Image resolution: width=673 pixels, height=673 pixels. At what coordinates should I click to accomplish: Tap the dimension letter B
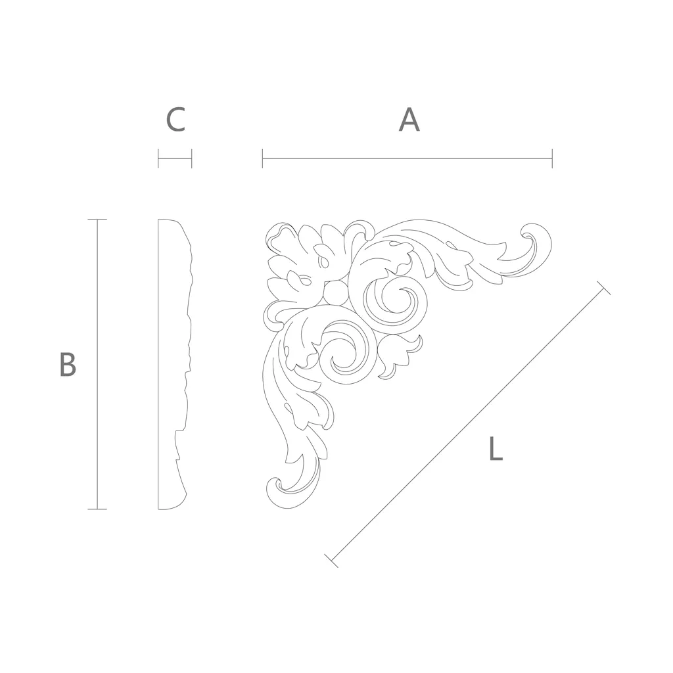68,364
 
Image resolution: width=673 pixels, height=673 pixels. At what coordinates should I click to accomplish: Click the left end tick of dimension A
263,158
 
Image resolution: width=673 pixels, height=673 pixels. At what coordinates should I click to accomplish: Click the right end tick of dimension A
552,158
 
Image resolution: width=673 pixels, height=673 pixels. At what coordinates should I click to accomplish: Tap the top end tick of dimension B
97,220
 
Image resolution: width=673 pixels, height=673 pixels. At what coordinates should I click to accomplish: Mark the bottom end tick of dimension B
97,509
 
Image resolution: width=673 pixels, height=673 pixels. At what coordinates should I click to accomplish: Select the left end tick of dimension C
158,158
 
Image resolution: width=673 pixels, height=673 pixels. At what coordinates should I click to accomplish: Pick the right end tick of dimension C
191,158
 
